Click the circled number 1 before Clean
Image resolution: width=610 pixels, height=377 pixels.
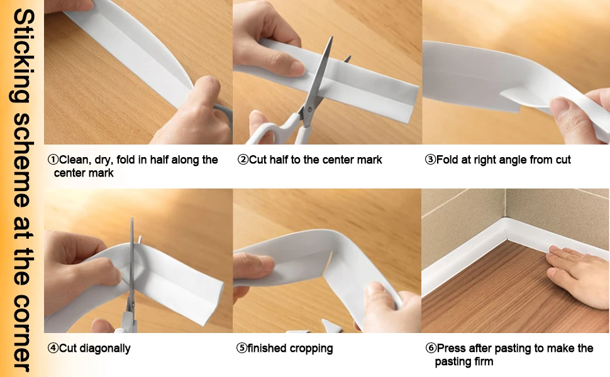53,160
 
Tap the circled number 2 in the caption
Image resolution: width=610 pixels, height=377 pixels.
243,160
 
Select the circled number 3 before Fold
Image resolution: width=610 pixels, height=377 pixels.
430,160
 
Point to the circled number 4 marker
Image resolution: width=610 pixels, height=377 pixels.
53,348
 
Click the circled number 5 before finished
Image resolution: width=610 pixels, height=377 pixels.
241,348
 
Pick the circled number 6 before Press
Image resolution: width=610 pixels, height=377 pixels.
431,348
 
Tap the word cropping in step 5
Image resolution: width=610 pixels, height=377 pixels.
311,349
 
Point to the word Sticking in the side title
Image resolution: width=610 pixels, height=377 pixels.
23,57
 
